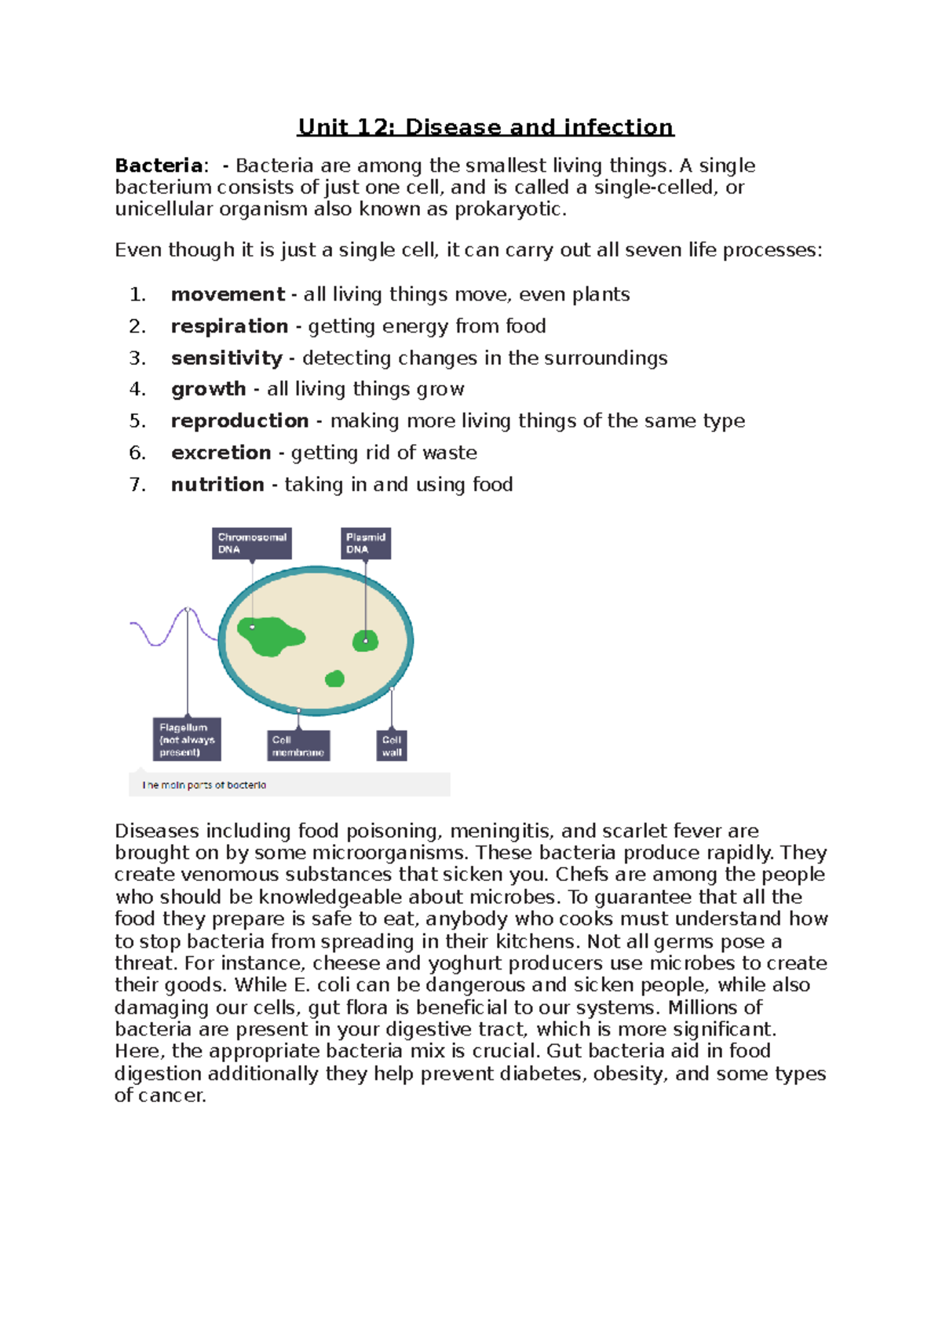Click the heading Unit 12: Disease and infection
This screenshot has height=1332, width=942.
[485, 127]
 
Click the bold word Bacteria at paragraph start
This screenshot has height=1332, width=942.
[159, 166]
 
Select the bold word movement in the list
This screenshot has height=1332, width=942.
[228, 294]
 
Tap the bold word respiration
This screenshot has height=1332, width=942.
[229, 326]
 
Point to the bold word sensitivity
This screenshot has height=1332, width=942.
[226, 358]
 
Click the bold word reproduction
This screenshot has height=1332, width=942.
[239, 421]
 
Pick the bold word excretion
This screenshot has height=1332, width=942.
[221, 453]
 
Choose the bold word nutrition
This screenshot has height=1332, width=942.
[217, 485]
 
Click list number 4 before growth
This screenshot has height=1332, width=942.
[137, 389]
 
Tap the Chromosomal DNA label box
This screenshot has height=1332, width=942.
[252, 543]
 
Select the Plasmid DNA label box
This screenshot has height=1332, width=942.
[366, 543]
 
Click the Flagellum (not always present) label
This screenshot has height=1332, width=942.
[187, 739]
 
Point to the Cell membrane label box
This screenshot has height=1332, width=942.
[298, 745]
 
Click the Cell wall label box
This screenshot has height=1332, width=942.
[392, 745]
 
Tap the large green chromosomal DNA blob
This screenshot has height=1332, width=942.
[271, 636]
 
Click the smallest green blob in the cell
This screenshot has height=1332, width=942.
[335, 679]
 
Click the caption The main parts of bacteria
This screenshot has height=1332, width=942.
[205, 784]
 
